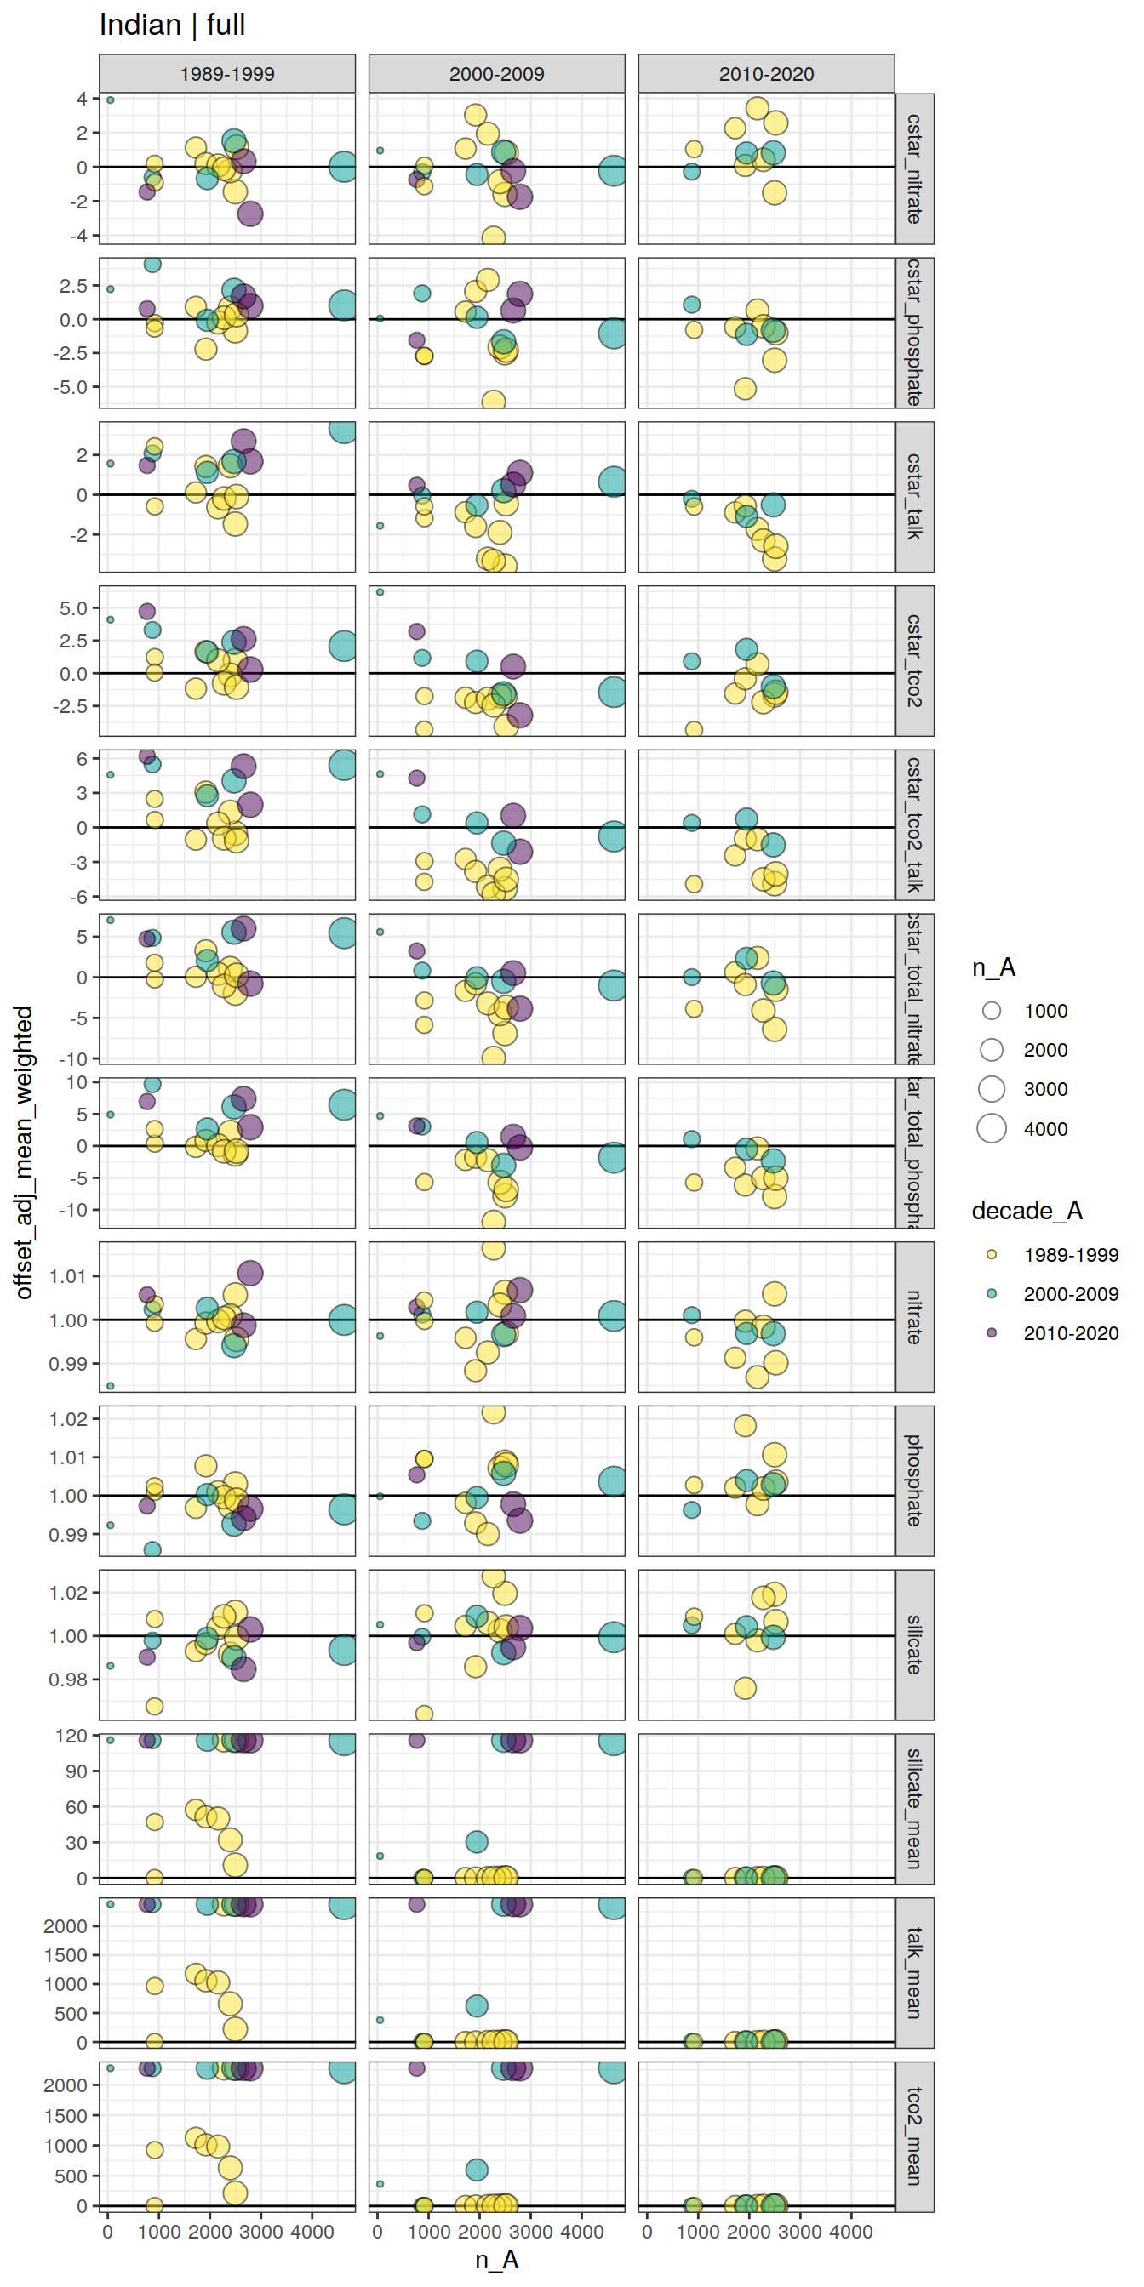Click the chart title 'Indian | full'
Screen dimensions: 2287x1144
click(172, 25)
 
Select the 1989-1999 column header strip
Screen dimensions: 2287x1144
click(226, 74)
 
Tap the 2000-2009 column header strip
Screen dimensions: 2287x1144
click(496, 74)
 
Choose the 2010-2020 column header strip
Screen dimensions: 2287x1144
click(765, 74)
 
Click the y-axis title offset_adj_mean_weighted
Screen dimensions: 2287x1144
click(24, 1151)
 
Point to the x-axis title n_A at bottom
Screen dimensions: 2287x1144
click(496, 2260)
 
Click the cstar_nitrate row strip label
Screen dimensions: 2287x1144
click(914, 168)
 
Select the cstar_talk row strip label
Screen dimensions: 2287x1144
click(914, 496)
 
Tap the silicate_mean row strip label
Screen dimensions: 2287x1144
click(914, 1809)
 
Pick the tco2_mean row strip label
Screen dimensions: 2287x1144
click(914, 2136)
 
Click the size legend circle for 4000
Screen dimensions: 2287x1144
click(992, 1128)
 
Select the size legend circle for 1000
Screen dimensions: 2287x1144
click(992, 1010)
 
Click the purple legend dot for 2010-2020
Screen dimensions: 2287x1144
click(992, 1332)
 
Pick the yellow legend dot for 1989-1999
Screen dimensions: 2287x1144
click(992, 1254)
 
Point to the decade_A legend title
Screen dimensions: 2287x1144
click(1026, 1211)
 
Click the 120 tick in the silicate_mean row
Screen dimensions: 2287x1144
click(71, 1736)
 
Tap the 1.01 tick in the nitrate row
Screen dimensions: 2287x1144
click(67, 1277)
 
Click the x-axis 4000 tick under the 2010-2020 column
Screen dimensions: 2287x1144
click(850, 2232)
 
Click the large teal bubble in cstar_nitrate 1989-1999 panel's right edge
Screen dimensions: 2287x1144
click(343, 166)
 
